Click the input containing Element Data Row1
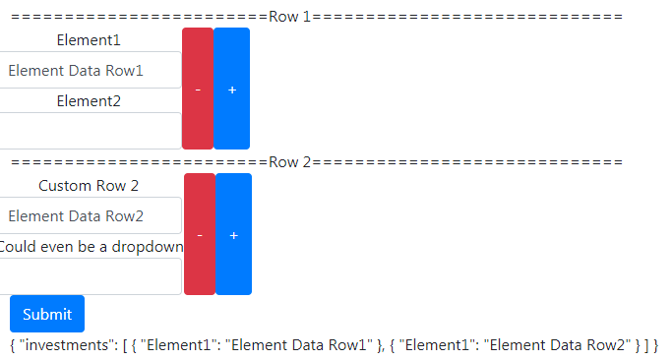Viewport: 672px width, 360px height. coord(89,71)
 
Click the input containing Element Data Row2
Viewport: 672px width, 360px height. coord(89,216)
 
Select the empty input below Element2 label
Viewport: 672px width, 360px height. coord(89,130)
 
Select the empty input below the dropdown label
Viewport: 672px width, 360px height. coord(89,275)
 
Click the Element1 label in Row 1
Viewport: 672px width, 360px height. coord(89,40)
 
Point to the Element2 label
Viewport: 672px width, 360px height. coord(89,100)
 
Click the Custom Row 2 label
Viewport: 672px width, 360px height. coord(89,186)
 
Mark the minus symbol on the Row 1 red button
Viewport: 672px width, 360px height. coord(198,90)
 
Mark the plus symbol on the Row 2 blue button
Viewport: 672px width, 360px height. coord(233,236)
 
